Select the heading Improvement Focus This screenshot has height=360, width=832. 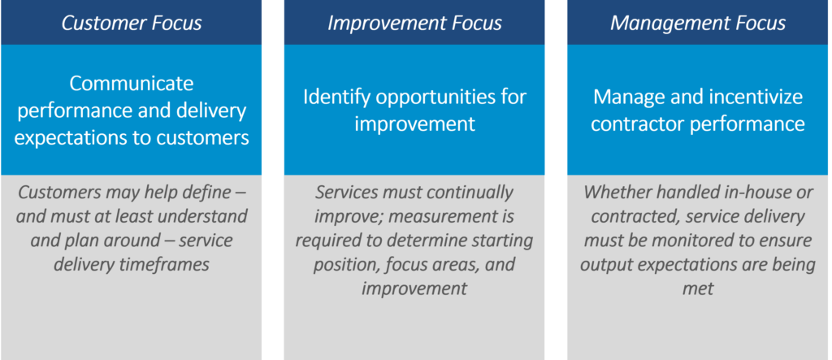414,24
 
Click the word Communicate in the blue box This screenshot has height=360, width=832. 131,84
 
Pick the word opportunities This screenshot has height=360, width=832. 436,98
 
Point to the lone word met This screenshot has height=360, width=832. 698,288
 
